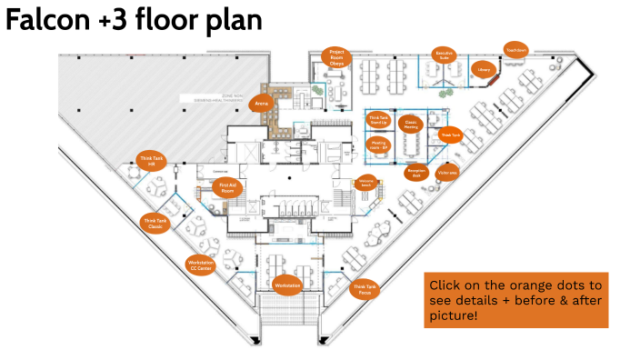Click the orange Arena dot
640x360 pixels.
[262, 104]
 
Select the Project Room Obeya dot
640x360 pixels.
[336, 57]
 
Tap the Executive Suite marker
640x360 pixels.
[443, 55]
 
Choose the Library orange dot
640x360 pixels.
[484, 70]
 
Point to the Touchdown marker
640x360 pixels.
[516, 51]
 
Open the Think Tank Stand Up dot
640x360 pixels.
[378, 118]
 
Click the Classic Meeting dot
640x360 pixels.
[411, 125]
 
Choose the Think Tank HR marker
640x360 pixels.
[153, 161]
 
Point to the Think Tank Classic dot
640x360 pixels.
[155, 223]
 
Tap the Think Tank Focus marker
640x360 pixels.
[364, 290]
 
